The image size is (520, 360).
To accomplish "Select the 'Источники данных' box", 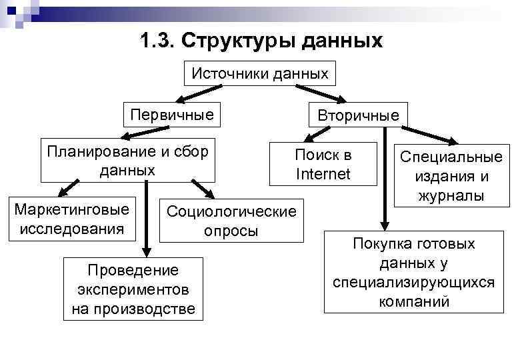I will click(x=260, y=73).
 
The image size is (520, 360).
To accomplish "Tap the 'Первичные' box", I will click(x=172, y=115).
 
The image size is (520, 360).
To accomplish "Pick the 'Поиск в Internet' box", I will click(x=323, y=165).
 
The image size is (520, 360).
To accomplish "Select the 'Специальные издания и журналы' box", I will click(x=451, y=177).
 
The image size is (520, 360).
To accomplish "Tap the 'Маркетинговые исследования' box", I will click(x=71, y=219).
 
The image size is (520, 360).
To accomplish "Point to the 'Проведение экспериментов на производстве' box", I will click(x=133, y=289).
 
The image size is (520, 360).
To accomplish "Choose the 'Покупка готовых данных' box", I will click(x=413, y=273).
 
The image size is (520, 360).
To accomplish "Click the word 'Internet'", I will click(x=323, y=175).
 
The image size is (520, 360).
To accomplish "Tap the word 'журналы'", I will click(x=451, y=196).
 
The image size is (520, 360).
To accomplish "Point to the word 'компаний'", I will click(x=413, y=301).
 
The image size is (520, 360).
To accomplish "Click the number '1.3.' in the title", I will click(x=158, y=41).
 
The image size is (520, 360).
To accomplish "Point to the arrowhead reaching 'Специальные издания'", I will click(x=454, y=141).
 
